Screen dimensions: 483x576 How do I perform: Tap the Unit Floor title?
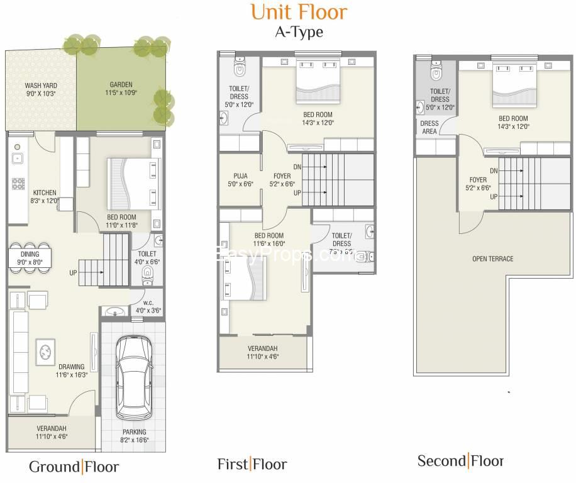(x=298, y=11)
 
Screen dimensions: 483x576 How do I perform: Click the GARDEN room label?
(x=121, y=85)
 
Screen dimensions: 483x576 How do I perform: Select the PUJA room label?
(x=240, y=177)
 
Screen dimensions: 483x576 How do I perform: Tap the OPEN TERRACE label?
(x=493, y=258)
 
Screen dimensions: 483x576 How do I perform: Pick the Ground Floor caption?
(x=74, y=467)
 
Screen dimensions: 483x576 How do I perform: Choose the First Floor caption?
(x=252, y=465)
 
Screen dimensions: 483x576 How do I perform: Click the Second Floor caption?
(x=460, y=461)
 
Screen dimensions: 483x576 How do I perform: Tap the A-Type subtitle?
(x=299, y=32)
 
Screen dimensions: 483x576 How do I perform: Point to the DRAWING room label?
(x=72, y=367)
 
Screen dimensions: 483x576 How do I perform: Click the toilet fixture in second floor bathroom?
(x=436, y=71)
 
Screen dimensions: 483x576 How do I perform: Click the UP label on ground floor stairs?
(x=74, y=274)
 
